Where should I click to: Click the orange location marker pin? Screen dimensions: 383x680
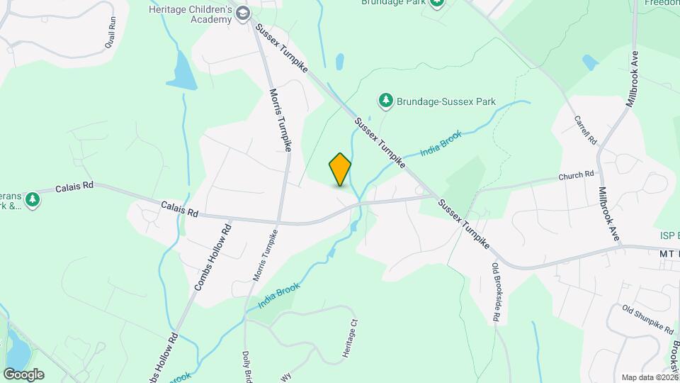point(340,169)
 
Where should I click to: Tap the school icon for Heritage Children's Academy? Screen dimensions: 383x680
point(244,13)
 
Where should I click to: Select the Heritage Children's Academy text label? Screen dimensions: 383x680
point(190,13)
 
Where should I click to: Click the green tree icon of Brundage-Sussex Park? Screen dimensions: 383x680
point(386,101)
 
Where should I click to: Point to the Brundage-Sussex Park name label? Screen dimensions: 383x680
point(436,101)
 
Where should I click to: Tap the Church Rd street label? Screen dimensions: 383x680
point(575,175)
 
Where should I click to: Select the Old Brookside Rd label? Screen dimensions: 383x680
point(495,293)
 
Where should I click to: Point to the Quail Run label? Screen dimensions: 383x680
point(110,33)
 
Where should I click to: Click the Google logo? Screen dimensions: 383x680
point(23,374)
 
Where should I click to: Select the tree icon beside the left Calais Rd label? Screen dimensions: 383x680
point(32,201)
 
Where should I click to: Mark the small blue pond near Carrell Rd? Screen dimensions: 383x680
point(590,62)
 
